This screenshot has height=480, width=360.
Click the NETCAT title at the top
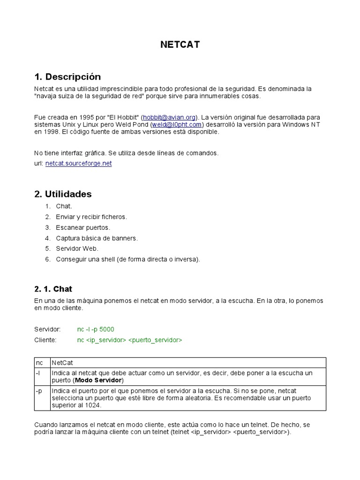180,45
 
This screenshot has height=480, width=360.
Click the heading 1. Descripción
67,76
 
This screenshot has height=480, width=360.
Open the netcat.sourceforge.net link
79,164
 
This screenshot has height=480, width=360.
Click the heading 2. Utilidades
63,194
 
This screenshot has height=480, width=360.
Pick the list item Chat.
64,206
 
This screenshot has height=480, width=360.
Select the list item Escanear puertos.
83,227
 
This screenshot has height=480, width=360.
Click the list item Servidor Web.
77,248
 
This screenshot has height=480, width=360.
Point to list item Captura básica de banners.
97,238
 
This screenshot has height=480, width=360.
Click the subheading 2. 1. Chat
53,289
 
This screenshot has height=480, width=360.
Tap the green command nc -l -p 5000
96,330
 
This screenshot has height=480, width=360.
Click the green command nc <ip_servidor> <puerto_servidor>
130,340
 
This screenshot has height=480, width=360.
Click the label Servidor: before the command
48,330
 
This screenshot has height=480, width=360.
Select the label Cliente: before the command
45,340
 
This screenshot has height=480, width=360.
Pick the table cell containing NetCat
62,363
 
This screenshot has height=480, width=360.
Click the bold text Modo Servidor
98,380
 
